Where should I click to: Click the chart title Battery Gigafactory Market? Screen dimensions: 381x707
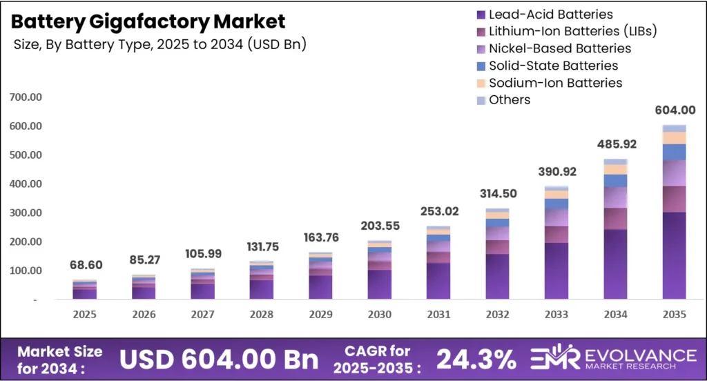coord(148,21)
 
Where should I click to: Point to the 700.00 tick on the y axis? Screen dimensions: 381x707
coord(26,97)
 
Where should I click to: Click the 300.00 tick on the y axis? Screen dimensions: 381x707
coord(26,213)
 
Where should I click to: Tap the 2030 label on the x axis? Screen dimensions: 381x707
coord(379,314)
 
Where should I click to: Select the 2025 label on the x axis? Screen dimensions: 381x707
coord(84,314)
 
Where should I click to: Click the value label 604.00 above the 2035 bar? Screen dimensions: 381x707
coord(674,110)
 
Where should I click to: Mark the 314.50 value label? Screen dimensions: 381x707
coord(497,193)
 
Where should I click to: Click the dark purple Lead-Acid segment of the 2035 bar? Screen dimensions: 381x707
coord(674,255)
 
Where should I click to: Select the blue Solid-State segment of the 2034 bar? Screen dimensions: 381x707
coord(615,181)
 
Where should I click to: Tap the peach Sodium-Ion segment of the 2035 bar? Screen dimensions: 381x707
coord(674,137)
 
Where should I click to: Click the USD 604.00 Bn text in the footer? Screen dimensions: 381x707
coord(220,359)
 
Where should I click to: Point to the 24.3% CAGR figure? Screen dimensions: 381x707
coord(476,359)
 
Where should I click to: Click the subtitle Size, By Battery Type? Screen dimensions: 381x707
coord(159,45)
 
